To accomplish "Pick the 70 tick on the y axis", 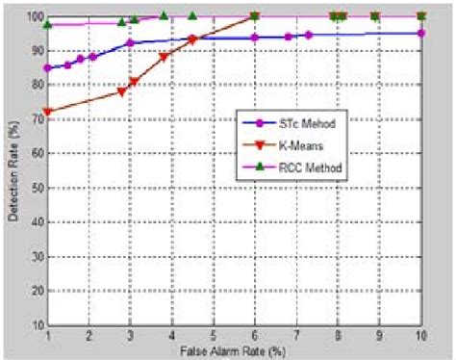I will [36, 110].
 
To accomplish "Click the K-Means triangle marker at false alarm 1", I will [48, 112].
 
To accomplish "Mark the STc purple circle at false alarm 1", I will [48, 68].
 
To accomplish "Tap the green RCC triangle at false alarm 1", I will [48, 23].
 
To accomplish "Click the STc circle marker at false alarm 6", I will [255, 38].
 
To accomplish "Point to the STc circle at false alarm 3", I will [130, 42].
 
